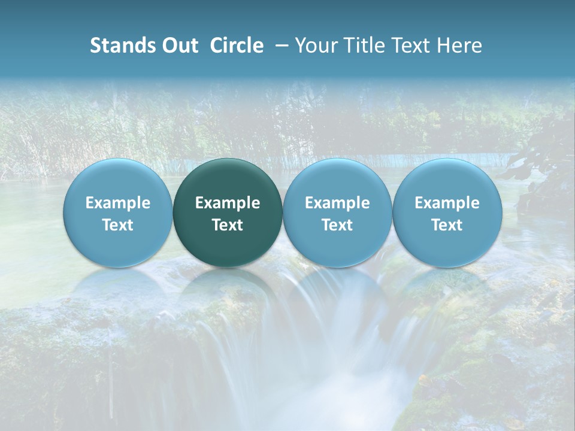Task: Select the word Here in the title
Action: (461, 45)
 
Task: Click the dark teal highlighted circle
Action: (228, 213)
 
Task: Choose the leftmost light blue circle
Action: (118, 213)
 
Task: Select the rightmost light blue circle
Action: (447, 213)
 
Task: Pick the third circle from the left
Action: (337, 213)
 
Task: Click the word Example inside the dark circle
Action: (228, 203)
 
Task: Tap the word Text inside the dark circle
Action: (228, 225)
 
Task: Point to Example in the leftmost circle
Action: (118, 203)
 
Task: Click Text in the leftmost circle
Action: (118, 225)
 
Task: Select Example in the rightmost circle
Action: (447, 203)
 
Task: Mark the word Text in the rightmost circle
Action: (447, 225)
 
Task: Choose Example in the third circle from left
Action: (337, 203)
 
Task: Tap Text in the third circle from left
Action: (337, 225)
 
